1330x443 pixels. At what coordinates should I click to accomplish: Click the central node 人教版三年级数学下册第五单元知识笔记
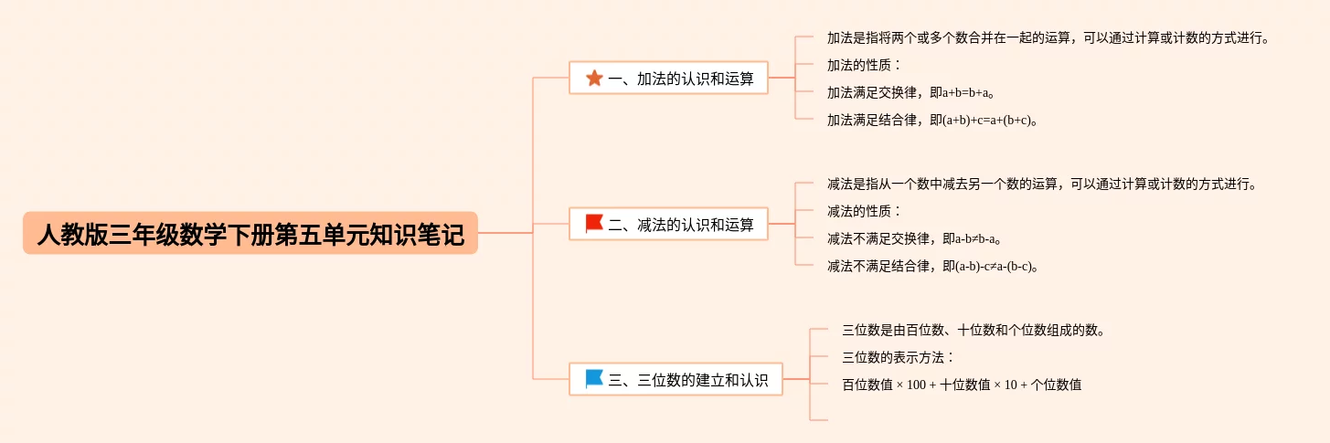(x=250, y=234)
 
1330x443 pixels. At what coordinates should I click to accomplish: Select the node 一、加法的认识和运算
(x=668, y=79)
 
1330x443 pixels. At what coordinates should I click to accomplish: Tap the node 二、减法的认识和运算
(x=668, y=224)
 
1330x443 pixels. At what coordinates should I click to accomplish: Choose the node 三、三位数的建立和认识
(x=676, y=379)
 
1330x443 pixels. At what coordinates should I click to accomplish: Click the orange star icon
(x=594, y=79)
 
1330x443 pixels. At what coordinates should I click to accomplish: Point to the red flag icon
(x=594, y=224)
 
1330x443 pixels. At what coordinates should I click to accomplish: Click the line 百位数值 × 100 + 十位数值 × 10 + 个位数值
(x=962, y=385)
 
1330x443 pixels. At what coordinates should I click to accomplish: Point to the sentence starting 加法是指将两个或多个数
(x=1048, y=38)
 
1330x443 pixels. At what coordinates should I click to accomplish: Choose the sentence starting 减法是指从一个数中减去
(x=1042, y=185)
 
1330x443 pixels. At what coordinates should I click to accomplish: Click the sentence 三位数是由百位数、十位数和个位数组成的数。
(x=974, y=331)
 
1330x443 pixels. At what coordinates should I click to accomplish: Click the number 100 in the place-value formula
(x=917, y=385)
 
